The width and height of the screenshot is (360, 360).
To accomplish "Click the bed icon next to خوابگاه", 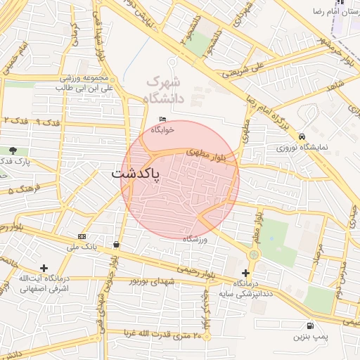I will (x=163, y=119).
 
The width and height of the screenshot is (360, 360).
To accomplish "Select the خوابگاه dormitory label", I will (x=163, y=129).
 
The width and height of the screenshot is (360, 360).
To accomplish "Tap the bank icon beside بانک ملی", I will (x=82, y=236).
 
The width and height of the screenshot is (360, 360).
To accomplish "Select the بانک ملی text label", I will (x=82, y=247).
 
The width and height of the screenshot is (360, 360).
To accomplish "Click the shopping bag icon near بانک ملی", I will (x=115, y=245).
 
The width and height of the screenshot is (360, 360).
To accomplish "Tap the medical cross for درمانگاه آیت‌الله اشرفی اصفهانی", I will (x=44, y=268).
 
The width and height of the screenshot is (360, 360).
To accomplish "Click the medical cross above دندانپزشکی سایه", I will (x=245, y=273).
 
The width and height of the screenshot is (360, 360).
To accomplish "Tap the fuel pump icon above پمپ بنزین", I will (x=309, y=326).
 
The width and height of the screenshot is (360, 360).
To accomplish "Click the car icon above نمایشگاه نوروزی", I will (x=302, y=136).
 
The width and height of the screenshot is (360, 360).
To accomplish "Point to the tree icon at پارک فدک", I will (x=13, y=150).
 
